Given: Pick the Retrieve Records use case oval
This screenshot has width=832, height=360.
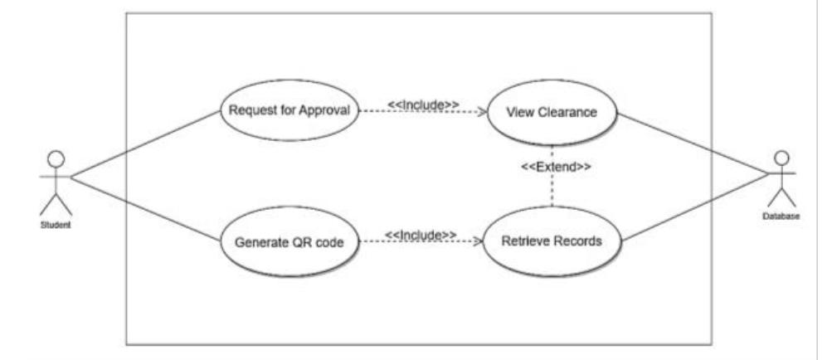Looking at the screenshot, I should [552, 241].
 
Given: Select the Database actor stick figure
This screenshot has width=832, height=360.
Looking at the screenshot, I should [780, 178].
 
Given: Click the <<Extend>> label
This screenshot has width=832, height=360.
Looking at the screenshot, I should [555, 167].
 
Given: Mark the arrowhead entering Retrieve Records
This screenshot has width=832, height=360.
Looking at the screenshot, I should [479, 242].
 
